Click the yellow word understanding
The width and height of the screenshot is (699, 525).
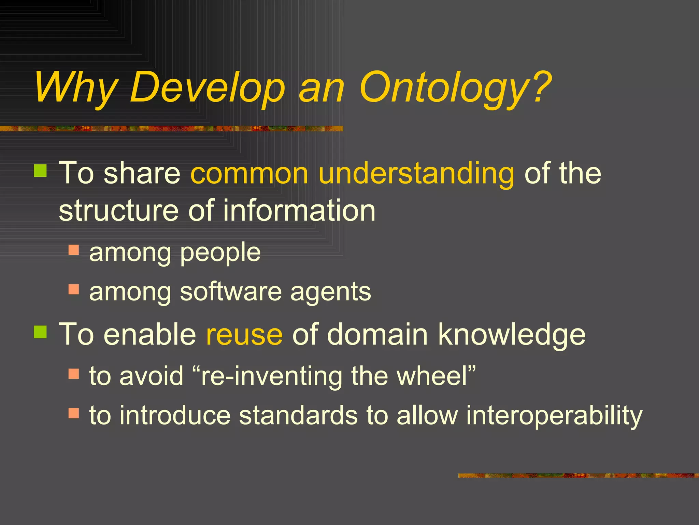click(416, 174)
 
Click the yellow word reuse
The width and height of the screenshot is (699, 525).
click(244, 335)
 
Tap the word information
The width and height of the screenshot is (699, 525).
click(299, 211)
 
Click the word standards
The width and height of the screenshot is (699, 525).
click(298, 416)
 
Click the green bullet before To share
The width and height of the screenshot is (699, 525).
click(41, 171)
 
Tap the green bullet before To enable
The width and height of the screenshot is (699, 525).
click(41, 332)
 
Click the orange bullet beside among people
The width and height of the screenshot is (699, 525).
click(73, 250)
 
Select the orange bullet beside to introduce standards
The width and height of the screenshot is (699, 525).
click(73, 413)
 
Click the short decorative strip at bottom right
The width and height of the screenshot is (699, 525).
click(578, 475)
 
